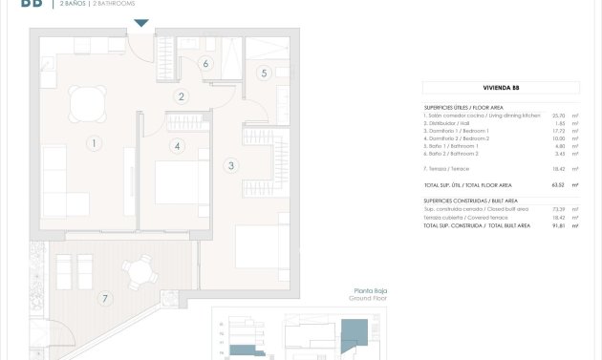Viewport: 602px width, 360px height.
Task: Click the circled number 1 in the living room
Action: [x=94, y=145]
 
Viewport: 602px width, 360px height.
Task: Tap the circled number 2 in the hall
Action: [x=180, y=96]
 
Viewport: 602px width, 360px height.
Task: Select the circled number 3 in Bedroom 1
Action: [x=229, y=165]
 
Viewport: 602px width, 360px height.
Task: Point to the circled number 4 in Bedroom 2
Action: [x=176, y=146]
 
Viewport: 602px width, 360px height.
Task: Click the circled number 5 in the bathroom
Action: [x=264, y=73]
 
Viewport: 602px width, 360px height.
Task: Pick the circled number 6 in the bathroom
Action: [x=204, y=64]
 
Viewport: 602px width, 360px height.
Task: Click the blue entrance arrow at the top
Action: [x=140, y=23]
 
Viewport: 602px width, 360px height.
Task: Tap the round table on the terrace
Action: [x=144, y=272]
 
